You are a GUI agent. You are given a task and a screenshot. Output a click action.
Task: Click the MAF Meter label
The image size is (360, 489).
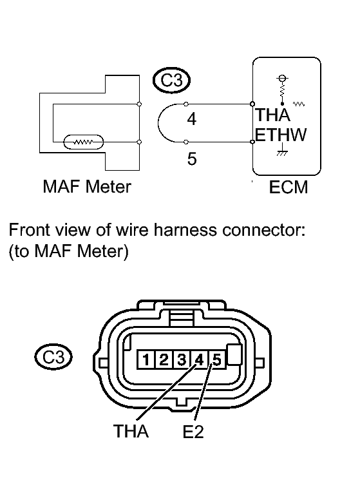(x=87, y=186)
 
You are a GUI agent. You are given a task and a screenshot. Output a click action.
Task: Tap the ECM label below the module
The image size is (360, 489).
(x=289, y=187)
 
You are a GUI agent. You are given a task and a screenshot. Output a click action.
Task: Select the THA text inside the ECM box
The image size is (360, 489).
(x=272, y=115)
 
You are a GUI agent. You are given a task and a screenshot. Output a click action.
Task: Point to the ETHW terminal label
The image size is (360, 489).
(x=281, y=135)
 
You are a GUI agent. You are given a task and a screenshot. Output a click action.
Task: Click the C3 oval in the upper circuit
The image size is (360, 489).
(x=171, y=80)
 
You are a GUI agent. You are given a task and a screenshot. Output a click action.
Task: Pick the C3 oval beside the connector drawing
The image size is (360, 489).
(x=53, y=357)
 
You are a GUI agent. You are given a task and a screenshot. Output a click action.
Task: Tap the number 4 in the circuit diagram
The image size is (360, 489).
(x=192, y=119)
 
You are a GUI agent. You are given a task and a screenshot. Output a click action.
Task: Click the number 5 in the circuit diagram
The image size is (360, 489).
(x=192, y=158)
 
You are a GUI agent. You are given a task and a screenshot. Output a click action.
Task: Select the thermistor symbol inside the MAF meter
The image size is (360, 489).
(x=83, y=142)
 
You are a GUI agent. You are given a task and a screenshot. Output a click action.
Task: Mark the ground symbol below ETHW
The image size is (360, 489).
(x=282, y=149)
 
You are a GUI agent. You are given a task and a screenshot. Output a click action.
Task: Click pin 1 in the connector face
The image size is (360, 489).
(x=146, y=360)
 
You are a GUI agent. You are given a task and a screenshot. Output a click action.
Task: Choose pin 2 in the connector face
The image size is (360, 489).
(x=164, y=360)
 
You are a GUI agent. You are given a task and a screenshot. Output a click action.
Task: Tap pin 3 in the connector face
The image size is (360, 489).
(x=182, y=360)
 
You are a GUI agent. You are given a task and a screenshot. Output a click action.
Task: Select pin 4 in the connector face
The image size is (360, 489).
(x=199, y=360)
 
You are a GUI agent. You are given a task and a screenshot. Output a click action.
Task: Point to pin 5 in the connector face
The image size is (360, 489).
(x=217, y=360)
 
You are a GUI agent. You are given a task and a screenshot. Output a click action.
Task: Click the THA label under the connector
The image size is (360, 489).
(x=131, y=431)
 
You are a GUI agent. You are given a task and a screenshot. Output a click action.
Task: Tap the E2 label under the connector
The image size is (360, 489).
(x=193, y=432)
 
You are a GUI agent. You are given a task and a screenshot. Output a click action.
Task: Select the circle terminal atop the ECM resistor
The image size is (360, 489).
(x=282, y=78)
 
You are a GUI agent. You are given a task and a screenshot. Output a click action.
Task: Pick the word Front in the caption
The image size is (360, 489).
(x=29, y=230)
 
